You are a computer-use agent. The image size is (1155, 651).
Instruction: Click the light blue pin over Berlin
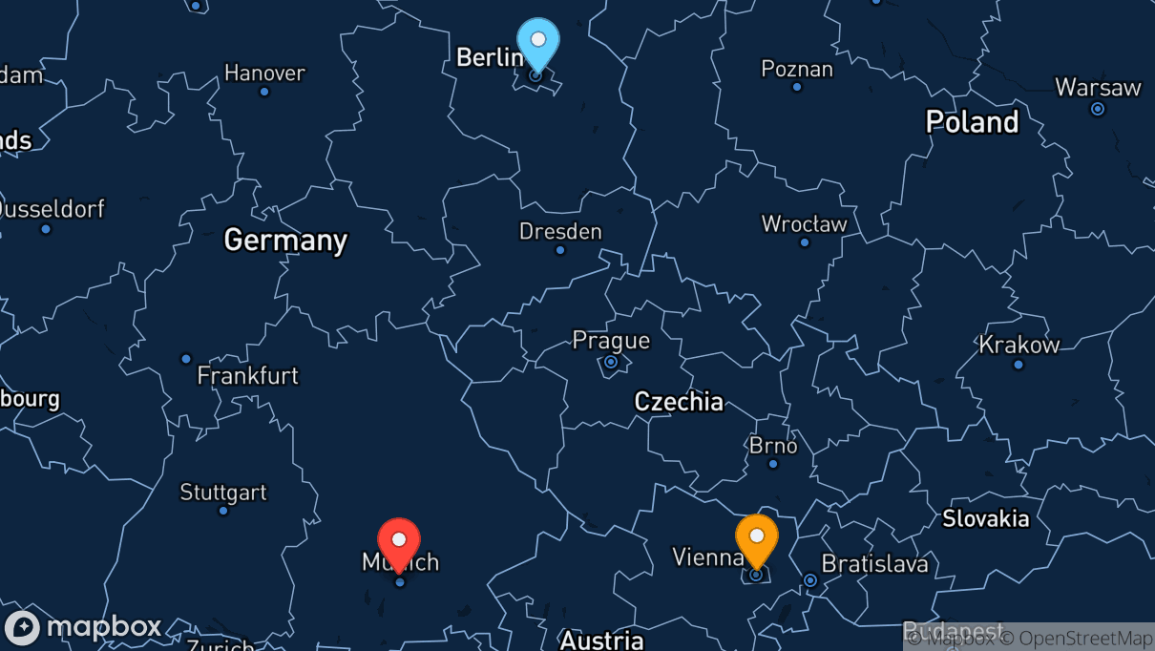[538, 42]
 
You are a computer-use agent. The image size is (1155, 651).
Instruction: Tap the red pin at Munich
[399, 542]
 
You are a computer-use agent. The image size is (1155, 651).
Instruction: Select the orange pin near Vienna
[757, 537]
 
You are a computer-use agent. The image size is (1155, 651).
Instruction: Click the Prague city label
[611, 340]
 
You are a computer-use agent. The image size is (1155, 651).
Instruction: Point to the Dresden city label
[560, 231]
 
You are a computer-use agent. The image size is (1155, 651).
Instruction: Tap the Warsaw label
[1098, 88]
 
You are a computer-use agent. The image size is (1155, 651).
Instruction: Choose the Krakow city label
[1019, 345]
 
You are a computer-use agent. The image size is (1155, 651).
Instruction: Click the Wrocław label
[804, 224]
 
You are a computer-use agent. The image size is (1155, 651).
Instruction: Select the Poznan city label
[797, 69]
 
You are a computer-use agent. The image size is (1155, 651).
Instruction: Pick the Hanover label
[264, 73]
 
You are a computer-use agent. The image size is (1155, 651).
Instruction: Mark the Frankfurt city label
[248, 376]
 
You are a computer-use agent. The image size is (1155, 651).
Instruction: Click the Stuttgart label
[223, 493]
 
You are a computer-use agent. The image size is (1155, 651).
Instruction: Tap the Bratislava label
[874, 564]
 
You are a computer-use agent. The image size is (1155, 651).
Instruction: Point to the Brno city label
[773, 446]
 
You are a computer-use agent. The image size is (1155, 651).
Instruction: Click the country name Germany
[285, 240]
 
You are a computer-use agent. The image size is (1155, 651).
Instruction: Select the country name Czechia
[679, 402]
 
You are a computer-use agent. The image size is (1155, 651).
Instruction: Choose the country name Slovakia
[986, 518]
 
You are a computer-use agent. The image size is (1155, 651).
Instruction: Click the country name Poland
[973, 122]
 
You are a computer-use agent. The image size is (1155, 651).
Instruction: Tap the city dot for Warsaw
[1098, 109]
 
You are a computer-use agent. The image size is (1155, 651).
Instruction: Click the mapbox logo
[84, 627]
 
